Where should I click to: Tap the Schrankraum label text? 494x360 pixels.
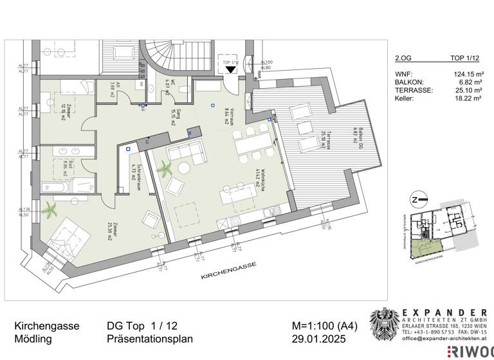[133, 171]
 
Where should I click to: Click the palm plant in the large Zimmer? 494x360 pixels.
[48, 208]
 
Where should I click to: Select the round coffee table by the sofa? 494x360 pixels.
[183, 168]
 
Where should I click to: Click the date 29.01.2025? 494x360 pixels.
[318, 339]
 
